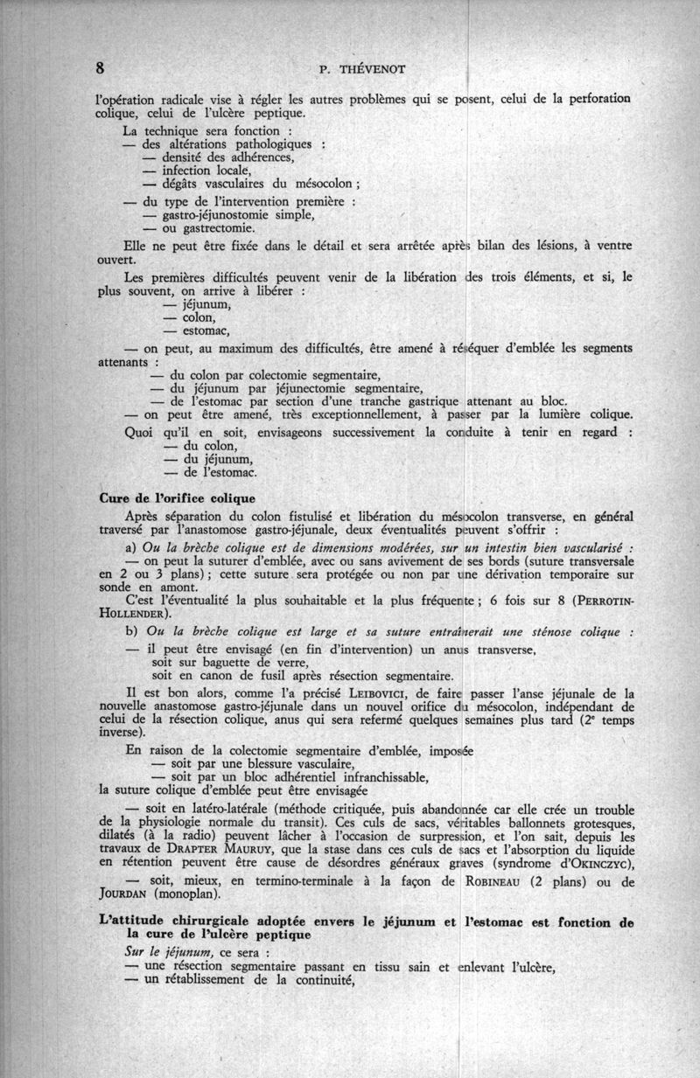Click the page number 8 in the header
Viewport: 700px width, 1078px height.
coord(101,68)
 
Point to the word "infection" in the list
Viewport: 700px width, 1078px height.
coord(189,170)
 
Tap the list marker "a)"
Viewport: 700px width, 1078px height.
coord(132,548)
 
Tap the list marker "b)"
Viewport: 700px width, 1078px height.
coord(132,631)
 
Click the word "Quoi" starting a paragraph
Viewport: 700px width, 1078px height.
coord(141,433)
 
